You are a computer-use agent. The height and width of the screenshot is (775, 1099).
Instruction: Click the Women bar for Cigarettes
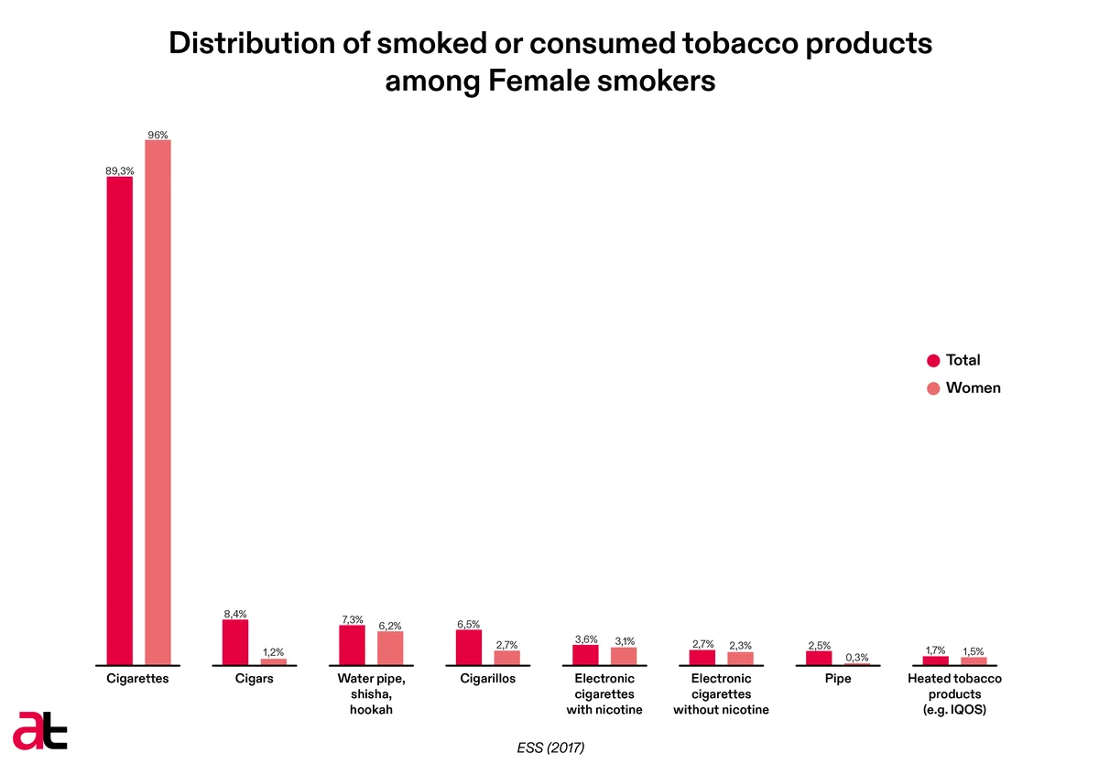[x=158, y=402]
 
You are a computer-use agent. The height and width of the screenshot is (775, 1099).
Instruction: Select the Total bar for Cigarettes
[x=120, y=420]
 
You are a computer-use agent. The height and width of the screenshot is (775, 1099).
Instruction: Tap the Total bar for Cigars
[x=235, y=642]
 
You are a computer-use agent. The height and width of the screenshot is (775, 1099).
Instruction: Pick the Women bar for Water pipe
[x=390, y=648]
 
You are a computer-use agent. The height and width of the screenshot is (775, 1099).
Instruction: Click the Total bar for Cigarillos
[x=469, y=647]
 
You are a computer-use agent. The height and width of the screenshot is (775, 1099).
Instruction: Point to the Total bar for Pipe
[x=819, y=658]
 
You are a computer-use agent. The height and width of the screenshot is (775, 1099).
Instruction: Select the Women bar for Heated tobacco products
[x=974, y=660]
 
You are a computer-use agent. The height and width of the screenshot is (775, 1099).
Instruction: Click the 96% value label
[x=158, y=135]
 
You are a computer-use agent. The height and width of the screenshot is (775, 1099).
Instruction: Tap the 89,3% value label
[x=120, y=170]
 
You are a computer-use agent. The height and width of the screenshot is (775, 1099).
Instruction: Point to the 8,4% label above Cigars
[x=235, y=614]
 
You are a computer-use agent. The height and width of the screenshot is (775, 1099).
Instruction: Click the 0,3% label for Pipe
[x=856, y=657]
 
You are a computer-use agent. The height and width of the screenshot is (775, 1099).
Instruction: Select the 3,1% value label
[x=625, y=641]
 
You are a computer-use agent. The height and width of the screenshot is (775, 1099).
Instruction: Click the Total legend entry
[x=953, y=360]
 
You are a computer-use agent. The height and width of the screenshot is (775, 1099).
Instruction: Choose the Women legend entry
[x=963, y=387]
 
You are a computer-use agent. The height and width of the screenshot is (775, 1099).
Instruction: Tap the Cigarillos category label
[x=487, y=678]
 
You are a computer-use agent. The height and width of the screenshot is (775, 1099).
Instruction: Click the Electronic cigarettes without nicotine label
[x=721, y=693]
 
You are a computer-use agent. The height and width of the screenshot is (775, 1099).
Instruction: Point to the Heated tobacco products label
[x=954, y=693]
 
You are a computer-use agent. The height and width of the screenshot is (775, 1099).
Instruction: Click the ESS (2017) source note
[x=550, y=748]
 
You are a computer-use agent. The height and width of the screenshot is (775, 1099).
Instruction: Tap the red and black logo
[x=39, y=731]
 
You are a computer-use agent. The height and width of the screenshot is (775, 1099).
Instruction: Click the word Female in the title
[x=539, y=81]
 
